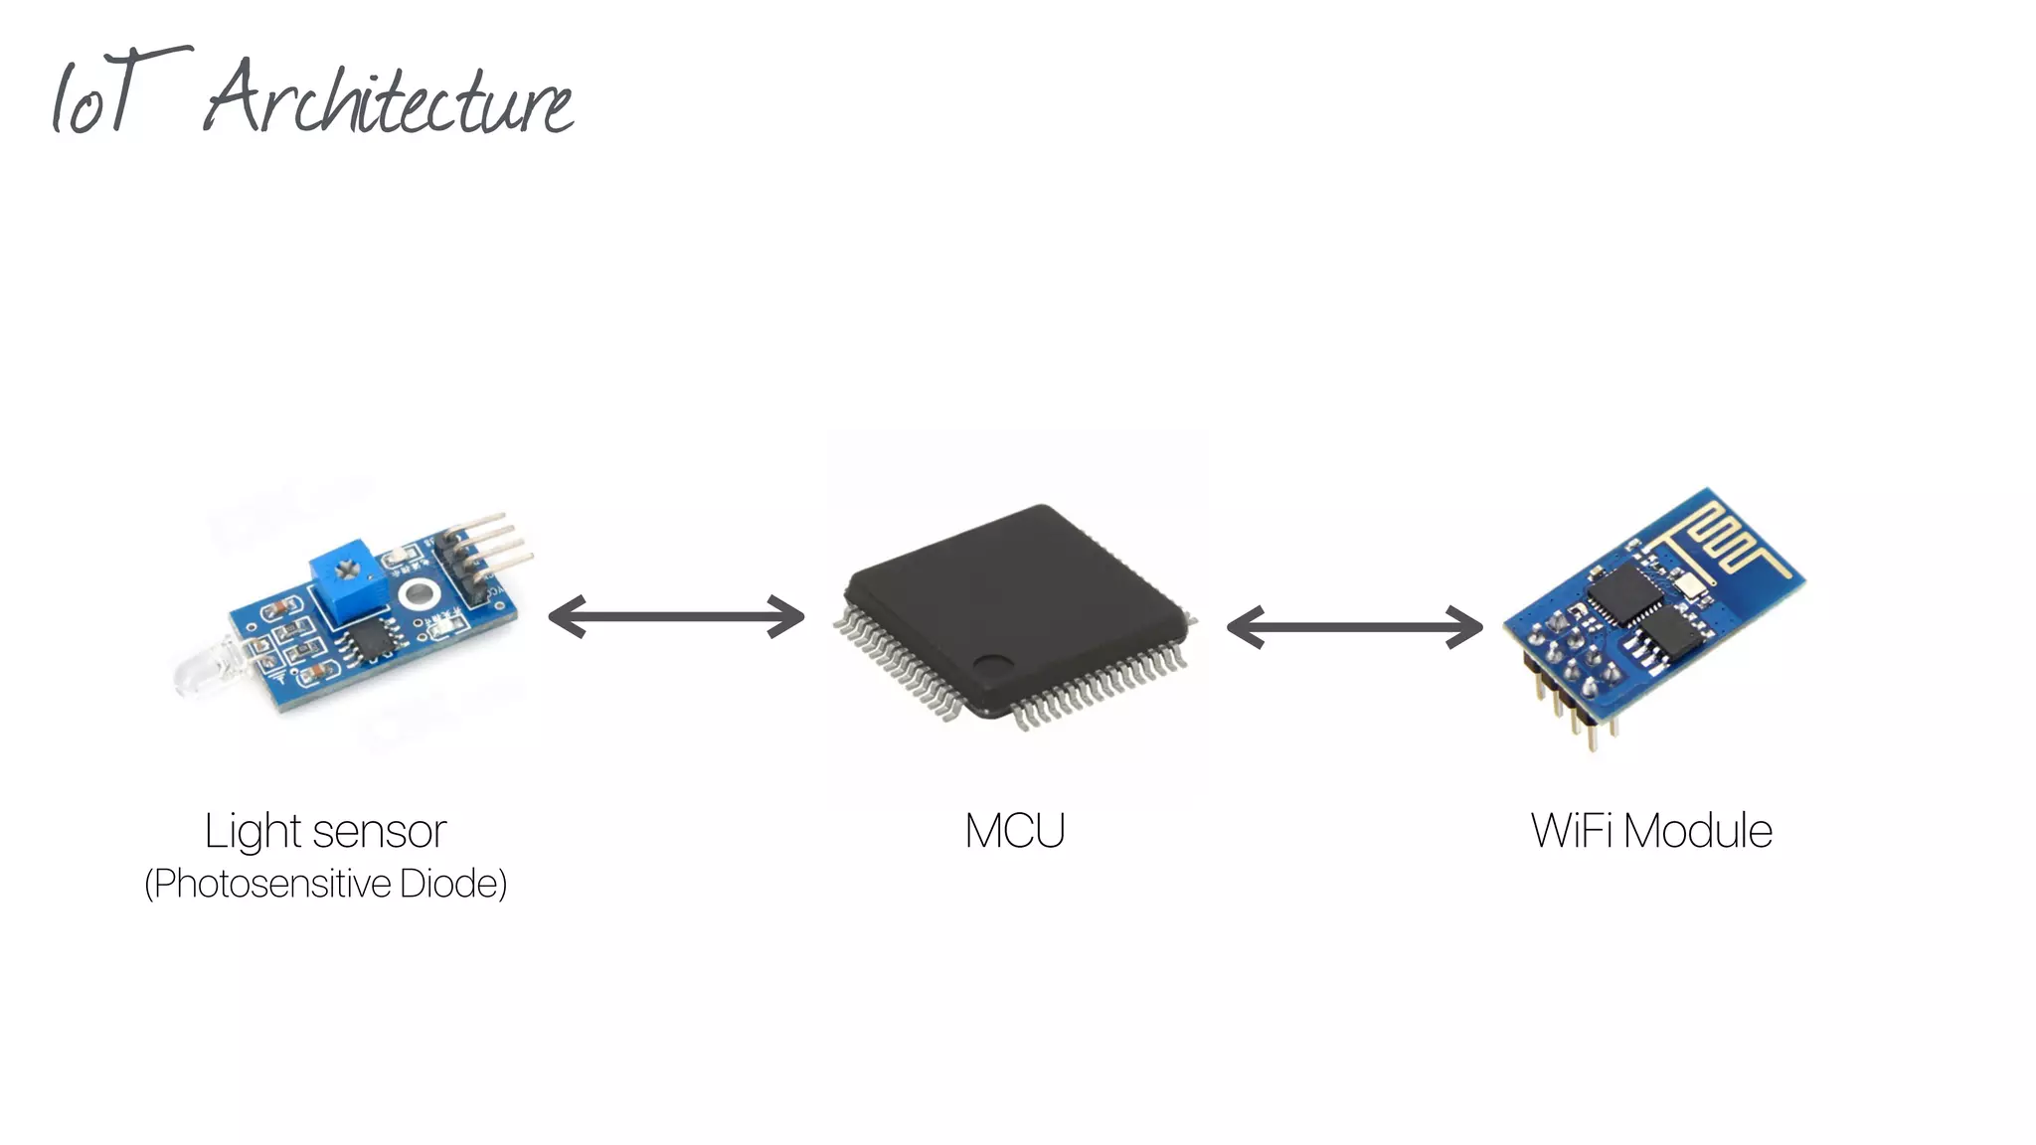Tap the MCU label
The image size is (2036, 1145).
[1014, 831]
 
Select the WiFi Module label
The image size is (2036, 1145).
[1651, 831]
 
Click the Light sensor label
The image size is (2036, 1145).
[325, 831]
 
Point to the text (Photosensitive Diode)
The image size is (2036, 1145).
[325, 884]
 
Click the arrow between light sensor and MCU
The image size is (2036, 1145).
[676, 617]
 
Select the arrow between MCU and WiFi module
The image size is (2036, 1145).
[1354, 627]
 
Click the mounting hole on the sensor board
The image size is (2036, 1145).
[418, 595]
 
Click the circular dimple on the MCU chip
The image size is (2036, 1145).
[991, 665]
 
